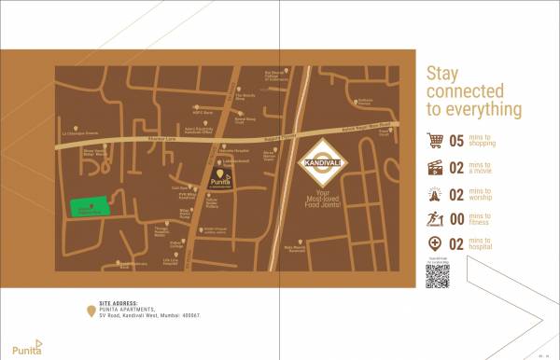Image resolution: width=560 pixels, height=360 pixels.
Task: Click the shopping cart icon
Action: pyautogui.click(x=435, y=141)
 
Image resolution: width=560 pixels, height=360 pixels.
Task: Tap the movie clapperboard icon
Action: pyautogui.click(x=435, y=168)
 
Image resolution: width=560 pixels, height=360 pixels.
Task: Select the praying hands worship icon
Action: pyautogui.click(x=435, y=195)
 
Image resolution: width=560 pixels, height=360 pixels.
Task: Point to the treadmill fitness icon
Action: pyautogui.click(x=435, y=220)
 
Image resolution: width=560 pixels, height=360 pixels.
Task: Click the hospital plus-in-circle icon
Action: pyautogui.click(x=435, y=245)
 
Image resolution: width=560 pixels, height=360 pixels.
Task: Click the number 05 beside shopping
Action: pyautogui.click(x=457, y=142)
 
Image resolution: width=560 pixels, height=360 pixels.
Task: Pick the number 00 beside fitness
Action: pyautogui.click(x=457, y=220)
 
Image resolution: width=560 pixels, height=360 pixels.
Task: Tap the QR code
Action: pyautogui.click(x=438, y=275)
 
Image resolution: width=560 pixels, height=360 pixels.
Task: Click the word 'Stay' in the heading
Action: pyautogui.click(x=442, y=74)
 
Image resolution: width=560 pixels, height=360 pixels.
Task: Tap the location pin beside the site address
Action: pyautogui.click(x=91, y=311)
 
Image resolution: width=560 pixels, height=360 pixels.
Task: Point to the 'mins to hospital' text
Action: pyautogui.click(x=484, y=245)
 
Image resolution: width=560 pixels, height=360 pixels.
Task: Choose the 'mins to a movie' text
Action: pyautogui.click(x=484, y=168)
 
